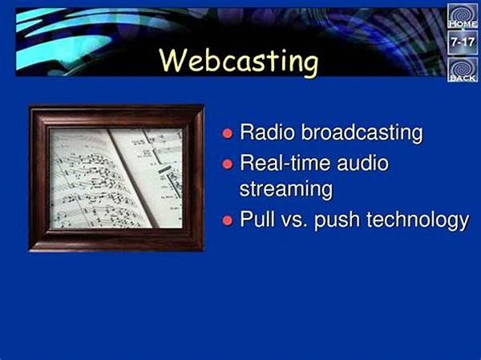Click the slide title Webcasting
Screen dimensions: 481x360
click(239, 62)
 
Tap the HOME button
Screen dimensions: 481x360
click(463, 16)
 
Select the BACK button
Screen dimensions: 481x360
click(463, 70)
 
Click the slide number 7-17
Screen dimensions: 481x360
click(463, 42)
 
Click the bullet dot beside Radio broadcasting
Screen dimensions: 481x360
click(228, 134)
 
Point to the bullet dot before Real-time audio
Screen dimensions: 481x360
click(228, 164)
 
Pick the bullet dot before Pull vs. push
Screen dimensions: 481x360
click(228, 220)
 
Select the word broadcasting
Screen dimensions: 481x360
click(362, 133)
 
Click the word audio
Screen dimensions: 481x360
click(363, 163)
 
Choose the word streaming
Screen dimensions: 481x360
click(286, 190)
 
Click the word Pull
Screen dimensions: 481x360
click(257, 219)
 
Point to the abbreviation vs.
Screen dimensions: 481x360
click(294, 221)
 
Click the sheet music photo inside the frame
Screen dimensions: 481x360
click(116, 178)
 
